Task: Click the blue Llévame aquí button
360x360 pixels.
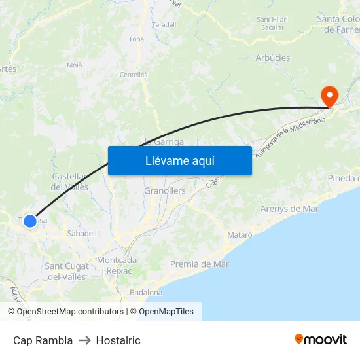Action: click(180, 160)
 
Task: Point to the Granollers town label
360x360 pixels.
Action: click(164, 191)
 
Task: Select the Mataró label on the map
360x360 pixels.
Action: click(239, 234)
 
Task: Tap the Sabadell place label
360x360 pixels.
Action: click(82, 233)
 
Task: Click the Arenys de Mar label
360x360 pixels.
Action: click(289, 209)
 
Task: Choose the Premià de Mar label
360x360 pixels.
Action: click(200, 264)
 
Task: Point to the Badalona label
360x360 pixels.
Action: click(146, 292)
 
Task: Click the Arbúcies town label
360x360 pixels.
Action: click(272, 58)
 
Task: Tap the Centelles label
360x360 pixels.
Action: click(134, 75)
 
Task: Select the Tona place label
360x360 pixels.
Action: click(136, 39)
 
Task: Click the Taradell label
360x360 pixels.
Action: click(164, 25)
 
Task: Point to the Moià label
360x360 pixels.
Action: click(75, 65)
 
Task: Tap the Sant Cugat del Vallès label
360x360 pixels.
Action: click(65, 272)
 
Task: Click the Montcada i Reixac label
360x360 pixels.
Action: click(117, 265)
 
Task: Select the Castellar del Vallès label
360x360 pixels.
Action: click(70, 182)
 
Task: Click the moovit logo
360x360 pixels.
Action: click(321, 339)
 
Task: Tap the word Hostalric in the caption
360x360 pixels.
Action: click(118, 340)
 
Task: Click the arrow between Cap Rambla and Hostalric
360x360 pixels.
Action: click(84, 340)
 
